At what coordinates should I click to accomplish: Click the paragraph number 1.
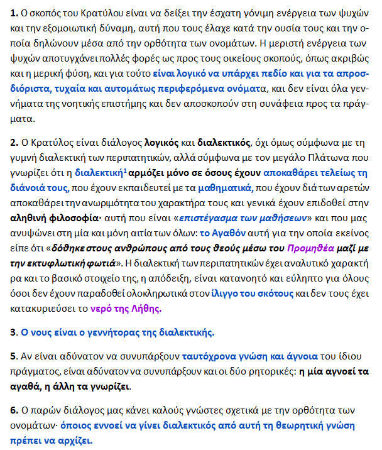tap(13, 13)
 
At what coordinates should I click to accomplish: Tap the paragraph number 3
tap(13, 331)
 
